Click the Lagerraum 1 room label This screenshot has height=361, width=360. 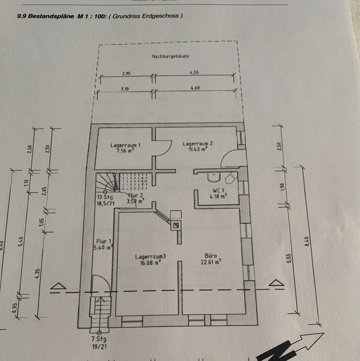click(123, 145)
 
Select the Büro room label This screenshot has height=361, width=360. click(210, 256)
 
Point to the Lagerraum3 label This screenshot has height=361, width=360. click(151, 257)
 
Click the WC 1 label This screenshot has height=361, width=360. click(218, 190)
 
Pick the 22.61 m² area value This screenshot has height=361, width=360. click(210, 262)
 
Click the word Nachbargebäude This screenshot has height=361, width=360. click(170, 56)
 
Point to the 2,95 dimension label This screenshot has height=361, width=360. click(126, 74)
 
